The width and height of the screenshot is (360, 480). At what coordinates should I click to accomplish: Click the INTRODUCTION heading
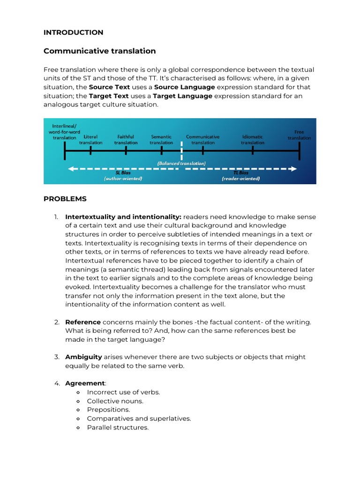73,32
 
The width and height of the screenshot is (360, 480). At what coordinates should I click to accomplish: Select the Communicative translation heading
99,51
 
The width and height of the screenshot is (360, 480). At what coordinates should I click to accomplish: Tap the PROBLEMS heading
65,199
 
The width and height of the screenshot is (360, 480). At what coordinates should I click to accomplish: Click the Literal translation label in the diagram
90,140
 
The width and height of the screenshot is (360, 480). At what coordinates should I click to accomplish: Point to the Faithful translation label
126,140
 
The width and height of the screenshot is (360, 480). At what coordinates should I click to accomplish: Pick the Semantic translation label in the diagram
161,140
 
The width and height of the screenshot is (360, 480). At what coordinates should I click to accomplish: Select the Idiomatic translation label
253,140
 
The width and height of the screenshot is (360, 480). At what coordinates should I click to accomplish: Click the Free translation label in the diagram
299,135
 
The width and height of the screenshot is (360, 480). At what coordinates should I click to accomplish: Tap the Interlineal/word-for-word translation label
65,132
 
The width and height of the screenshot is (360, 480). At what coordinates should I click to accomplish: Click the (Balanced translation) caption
181,163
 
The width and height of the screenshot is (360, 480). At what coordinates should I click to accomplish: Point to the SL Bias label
123,173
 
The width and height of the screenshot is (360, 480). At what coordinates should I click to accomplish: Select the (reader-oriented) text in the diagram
240,179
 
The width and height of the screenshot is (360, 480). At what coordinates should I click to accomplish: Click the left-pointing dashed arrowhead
72,169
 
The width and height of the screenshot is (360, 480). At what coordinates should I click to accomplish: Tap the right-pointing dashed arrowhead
293,169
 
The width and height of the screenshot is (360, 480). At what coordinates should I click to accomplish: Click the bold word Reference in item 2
83,322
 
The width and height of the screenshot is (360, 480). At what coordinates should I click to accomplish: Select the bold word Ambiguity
83,357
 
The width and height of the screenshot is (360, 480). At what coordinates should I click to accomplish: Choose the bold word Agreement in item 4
85,383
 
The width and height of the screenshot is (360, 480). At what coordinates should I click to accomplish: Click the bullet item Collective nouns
115,401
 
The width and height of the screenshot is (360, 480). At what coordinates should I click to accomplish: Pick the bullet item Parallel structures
118,427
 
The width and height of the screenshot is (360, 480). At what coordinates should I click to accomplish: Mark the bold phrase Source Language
185,87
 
